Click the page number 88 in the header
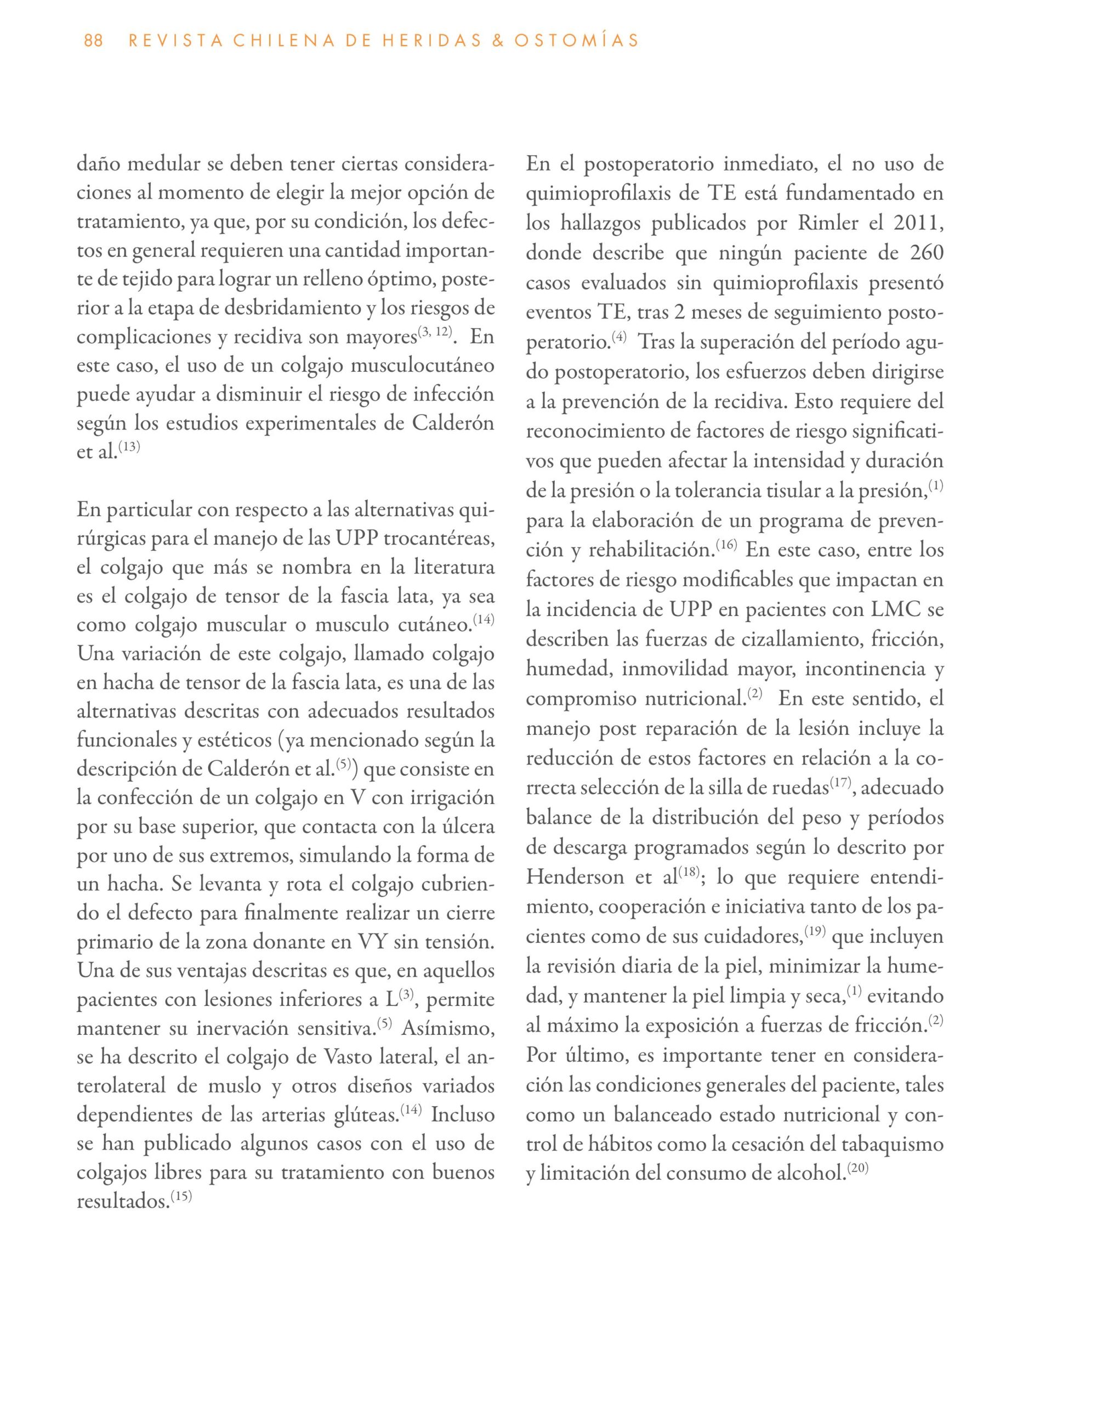93,41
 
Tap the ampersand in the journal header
493,41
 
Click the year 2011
918,223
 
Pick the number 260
926,253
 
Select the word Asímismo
448,1027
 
